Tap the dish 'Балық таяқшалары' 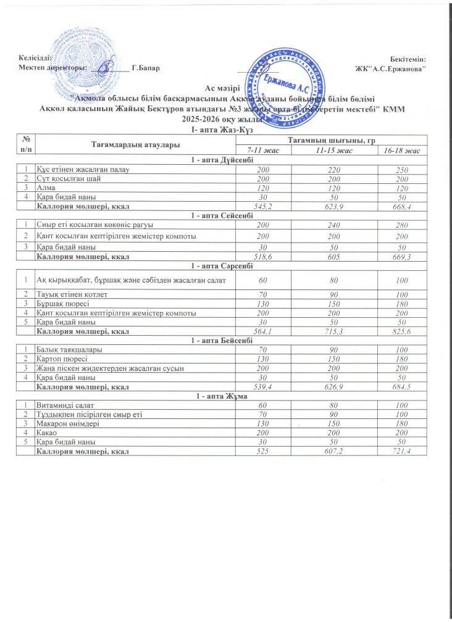pos(69,350)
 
